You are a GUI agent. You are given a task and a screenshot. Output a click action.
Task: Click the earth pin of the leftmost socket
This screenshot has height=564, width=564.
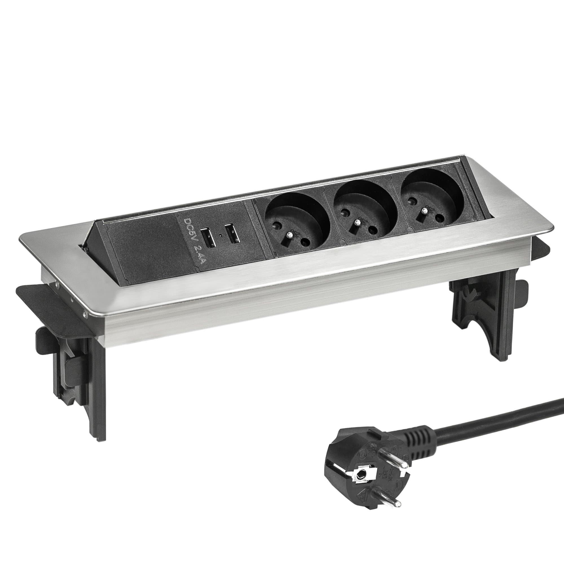coord(290,234)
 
